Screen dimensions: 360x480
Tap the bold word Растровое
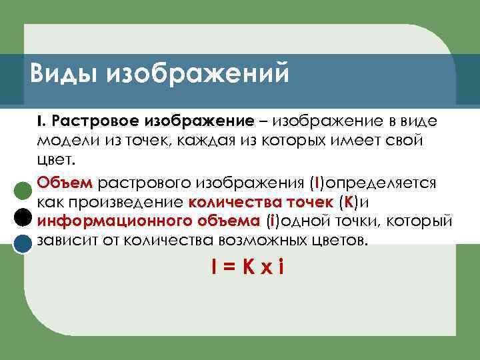[87, 122]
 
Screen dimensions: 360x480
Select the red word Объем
[67, 183]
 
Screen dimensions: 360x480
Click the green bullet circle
[24, 190]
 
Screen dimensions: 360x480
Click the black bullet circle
[24, 217]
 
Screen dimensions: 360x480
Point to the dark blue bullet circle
[24, 243]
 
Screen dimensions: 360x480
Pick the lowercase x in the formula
[267, 269]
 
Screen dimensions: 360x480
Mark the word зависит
[65, 240]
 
